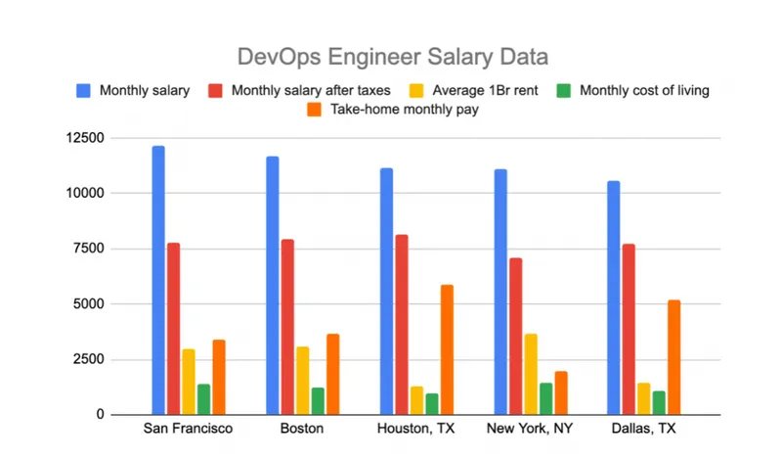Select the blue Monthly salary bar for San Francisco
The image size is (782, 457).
coord(158,280)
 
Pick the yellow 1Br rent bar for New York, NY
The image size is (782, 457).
coord(530,374)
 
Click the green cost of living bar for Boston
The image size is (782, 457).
coord(318,401)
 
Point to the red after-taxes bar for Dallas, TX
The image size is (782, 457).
coord(630,329)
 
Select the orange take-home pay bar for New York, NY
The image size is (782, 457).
coord(561,392)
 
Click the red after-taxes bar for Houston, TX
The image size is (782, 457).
coord(402,324)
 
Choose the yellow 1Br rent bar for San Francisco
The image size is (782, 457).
coord(189,382)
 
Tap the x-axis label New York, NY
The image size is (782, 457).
coord(530,430)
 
